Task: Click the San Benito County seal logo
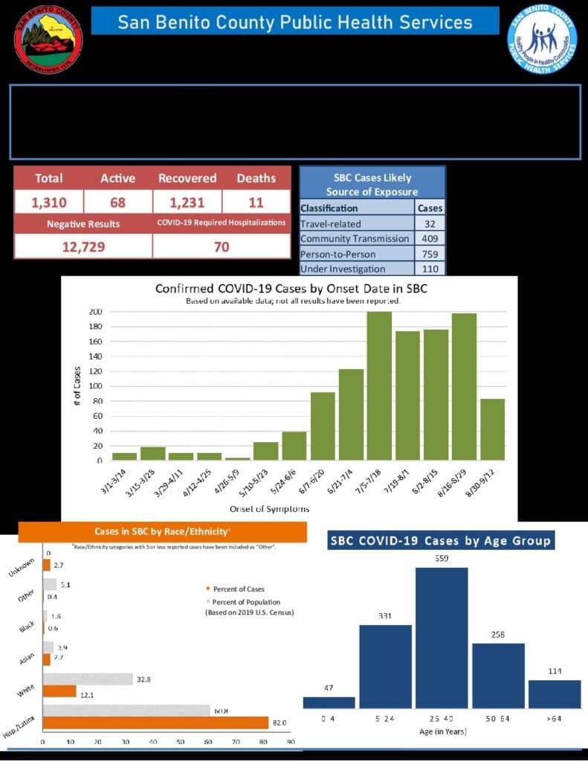[x=49, y=38]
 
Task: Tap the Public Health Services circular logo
[x=542, y=39]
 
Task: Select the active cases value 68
[x=117, y=202]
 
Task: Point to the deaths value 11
[x=256, y=202]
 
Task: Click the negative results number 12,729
[x=83, y=246]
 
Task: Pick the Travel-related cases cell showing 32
[x=430, y=223]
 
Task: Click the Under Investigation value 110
[x=430, y=269]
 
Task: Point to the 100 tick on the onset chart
[x=96, y=386]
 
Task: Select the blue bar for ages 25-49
[x=442, y=638]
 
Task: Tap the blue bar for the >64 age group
[x=554, y=694]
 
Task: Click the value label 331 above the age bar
[x=385, y=616]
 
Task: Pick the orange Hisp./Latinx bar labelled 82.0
[x=155, y=723]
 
